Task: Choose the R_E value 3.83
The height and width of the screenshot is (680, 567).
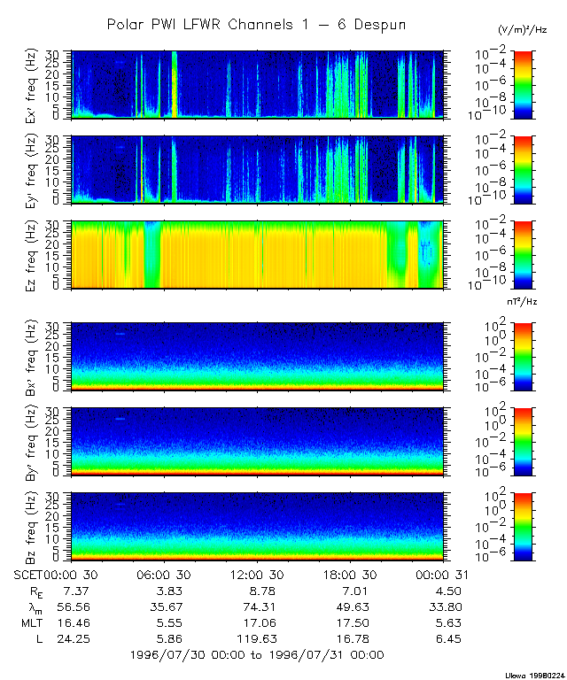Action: point(166,590)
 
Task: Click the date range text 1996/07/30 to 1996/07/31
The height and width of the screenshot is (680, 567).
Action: point(256,655)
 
